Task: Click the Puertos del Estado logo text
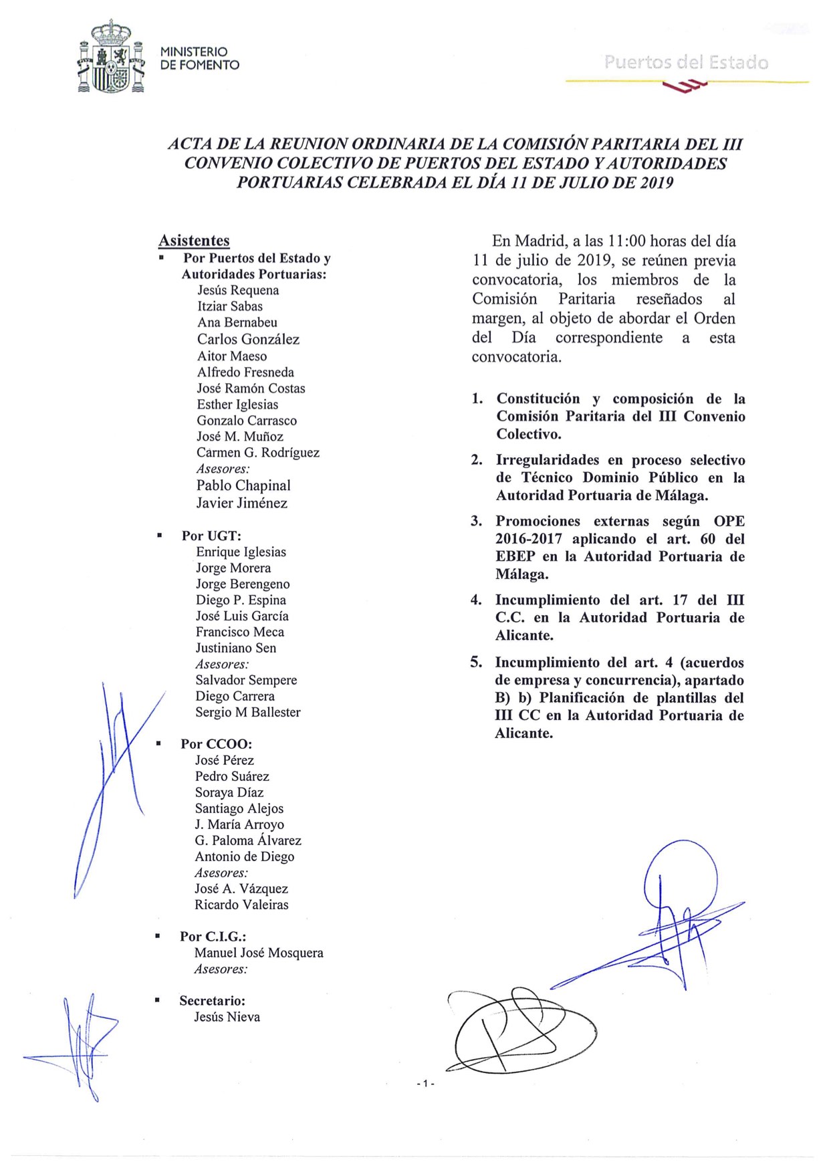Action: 686,63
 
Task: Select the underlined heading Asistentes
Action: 194,241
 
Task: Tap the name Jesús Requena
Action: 238,290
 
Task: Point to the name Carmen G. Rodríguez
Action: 258,453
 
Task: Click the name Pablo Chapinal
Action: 243,485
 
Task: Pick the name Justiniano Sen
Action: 235,648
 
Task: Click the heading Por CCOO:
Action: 216,744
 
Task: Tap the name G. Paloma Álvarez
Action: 248,840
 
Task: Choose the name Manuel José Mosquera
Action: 259,953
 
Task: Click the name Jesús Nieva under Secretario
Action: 227,1017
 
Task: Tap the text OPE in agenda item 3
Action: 729,521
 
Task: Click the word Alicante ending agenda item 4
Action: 524,635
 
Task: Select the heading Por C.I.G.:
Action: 213,937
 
